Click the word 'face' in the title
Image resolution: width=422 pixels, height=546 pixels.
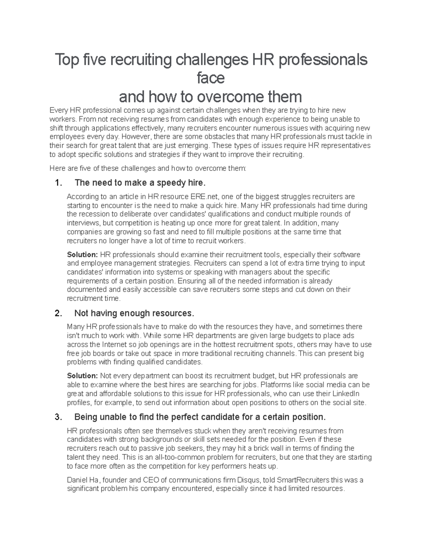click(211, 78)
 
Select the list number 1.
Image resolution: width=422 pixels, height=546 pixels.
click(58, 183)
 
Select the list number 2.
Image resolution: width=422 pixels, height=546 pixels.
click(58, 313)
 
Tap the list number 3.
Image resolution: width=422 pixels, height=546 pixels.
click(58, 417)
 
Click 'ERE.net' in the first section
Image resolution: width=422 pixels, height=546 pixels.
click(204, 197)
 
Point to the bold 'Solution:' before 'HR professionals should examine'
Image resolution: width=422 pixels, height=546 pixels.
click(82, 255)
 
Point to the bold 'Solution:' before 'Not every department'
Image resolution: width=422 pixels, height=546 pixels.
click(82, 376)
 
